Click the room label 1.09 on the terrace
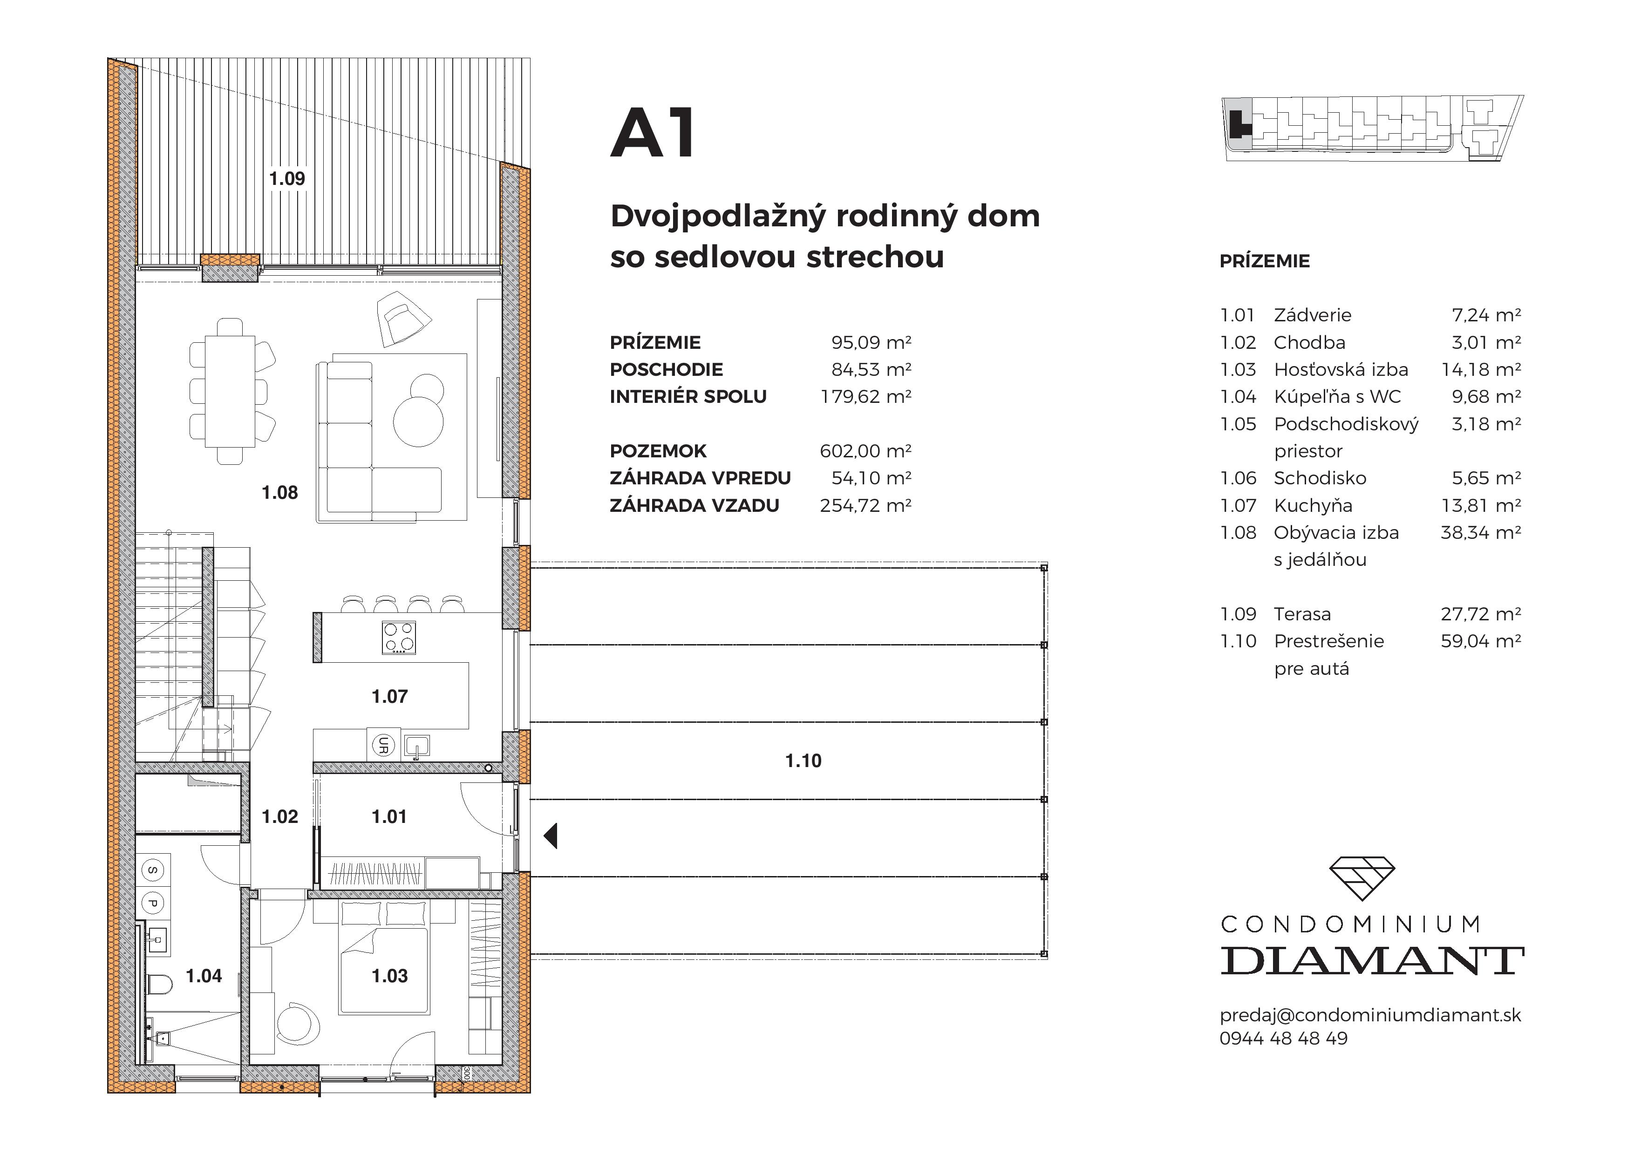[x=287, y=179]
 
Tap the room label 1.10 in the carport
[x=803, y=761]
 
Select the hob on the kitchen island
[x=399, y=638]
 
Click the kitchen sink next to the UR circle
[x=417, y=746]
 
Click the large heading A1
[x=654, y=134]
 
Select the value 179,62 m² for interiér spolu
[x=865, y=396]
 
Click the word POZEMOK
[x=658, y=451]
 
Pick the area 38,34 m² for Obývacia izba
[x=1480, y=532]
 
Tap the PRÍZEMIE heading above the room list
[x=1264, y=261]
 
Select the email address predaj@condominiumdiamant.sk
[x=1370, y=1015]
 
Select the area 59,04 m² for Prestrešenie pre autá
[x=1480, y=641]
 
